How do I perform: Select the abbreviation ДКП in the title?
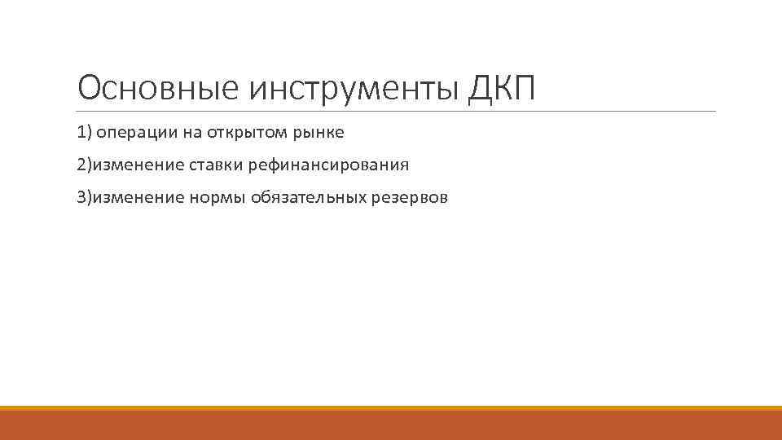503,89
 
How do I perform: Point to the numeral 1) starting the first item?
85,133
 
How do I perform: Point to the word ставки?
216,165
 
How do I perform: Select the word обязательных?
309,198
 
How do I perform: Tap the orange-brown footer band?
391,425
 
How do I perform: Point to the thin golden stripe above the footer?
391,407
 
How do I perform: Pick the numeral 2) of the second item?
85,165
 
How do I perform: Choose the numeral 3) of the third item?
85,198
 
